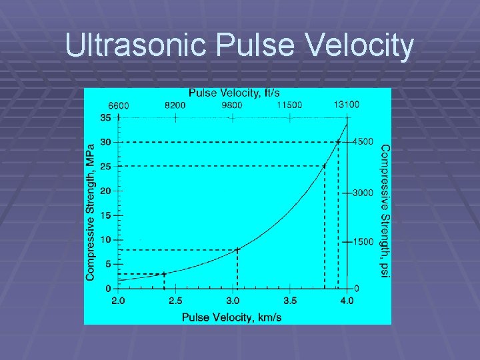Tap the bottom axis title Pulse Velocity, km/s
(231, 317)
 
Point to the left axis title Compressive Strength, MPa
(91, 209)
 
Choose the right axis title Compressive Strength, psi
(384, 211)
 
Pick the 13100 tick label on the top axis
(347, 105)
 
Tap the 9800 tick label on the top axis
(232, 105)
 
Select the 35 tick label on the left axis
(106, 118)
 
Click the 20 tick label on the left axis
(106, 191)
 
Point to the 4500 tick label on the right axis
(364, 142)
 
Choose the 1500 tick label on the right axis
(364, 241)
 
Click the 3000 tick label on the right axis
(364, 193)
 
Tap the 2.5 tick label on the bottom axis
(175, 301)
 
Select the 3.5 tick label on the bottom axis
(289, 301)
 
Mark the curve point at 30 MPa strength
(338, 142)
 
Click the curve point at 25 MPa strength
(325, 166)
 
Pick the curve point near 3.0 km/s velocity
(237, 249)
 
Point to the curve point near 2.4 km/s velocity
(164, 273)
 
